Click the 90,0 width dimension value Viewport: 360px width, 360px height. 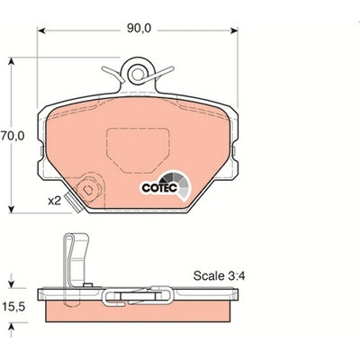139,28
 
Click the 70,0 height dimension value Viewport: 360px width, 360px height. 12,136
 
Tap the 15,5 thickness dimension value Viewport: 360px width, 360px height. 13,307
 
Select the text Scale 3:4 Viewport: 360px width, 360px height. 219,275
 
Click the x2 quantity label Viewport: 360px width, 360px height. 55,201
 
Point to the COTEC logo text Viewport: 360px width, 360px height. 159,188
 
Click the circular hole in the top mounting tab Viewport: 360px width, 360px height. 138,74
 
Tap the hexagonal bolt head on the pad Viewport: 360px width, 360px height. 90,189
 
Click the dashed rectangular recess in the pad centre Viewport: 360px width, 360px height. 138,150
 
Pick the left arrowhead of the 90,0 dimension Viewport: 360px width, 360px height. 41,31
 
